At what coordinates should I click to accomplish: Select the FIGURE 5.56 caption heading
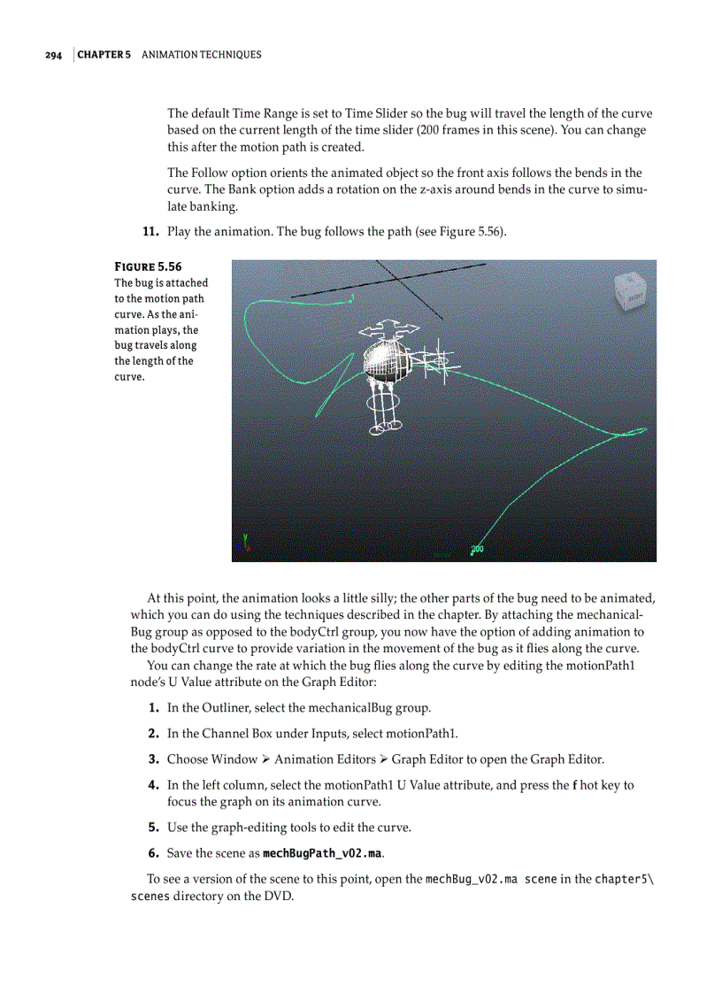click(x=148, y=266)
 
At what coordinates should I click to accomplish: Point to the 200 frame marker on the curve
click(x=477, y=550)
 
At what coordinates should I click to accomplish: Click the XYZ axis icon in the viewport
click(x=245, y=543)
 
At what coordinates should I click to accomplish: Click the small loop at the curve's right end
click(x=634, y=433)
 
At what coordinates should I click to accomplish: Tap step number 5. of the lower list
click(x=153, y=828)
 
